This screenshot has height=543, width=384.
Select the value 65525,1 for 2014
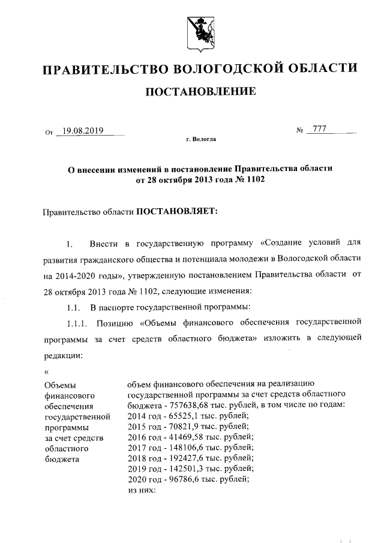click(181, 415)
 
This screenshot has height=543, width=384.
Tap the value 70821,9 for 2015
click(181, 426)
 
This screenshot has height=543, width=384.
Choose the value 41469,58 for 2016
click(183, 437)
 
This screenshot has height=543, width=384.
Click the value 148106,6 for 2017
click(183, 448)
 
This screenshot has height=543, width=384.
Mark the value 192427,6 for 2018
click(183, 458)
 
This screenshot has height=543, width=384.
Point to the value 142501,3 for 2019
click(183, 469)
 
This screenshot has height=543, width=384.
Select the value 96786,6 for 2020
click(181, 479)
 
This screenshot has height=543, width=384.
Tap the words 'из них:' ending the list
click(142, 490)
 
